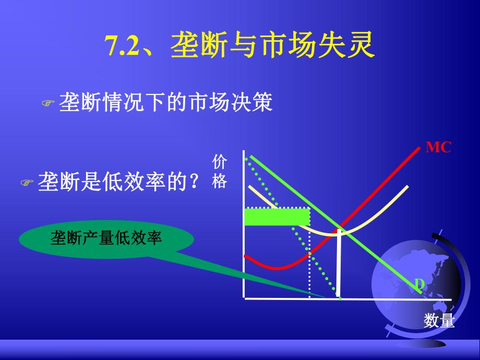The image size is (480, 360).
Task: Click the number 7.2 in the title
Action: (123, 47)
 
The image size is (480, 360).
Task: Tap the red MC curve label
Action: (438, 148)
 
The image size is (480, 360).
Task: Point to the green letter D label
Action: (419, 284)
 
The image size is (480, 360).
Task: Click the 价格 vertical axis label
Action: (220, 172)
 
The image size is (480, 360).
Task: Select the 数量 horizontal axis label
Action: (439, 320)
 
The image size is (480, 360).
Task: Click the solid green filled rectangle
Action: (277, 217)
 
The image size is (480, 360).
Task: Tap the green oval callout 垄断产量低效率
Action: (106, 239)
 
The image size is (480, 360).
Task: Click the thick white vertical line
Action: (339, 263)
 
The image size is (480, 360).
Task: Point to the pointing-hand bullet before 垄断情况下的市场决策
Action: (48, 104)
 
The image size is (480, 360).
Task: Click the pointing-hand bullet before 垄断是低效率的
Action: (27, 183)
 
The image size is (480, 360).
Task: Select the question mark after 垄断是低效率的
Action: (194, 183)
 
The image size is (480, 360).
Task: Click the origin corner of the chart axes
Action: (244, 298)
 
